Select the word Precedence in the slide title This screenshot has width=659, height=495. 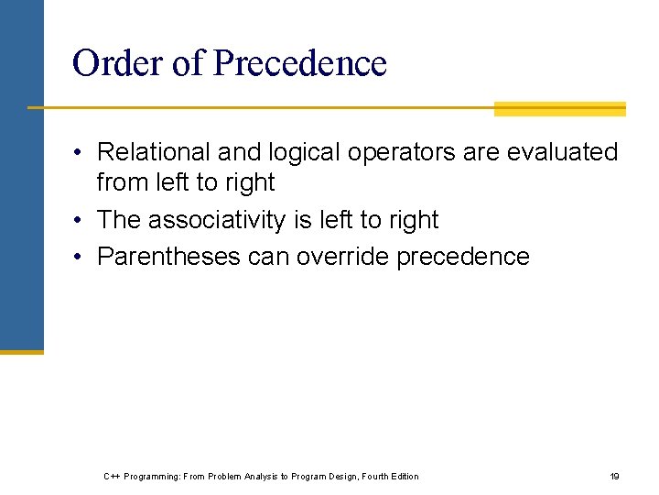[x=299, y=63]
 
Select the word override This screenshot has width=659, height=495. [x=343, y=257]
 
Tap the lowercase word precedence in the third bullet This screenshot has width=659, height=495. [x=463, y=257]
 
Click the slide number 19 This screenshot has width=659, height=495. [x=615, y=476]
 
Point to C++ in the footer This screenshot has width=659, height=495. [x=112, y=476]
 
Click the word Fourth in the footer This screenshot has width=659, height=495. [x=374, y=476]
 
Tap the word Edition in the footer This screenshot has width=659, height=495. [x=405, y=476]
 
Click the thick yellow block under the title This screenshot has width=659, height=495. [x=559, y=108]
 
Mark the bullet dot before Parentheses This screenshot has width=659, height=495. [x=80, y=258]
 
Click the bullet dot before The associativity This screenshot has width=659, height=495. [x=80, y=221]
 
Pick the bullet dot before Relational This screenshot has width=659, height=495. [x=80, y=153]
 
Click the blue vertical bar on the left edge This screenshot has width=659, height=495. [x=21, y=174]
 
